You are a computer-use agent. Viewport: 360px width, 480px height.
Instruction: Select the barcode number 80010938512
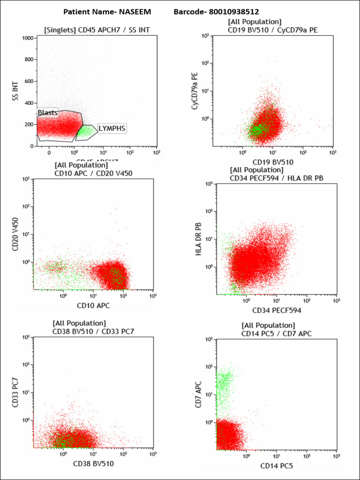click(x=232, y=11)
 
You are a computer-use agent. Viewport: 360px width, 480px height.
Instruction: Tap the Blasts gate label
click(x=48, y=113)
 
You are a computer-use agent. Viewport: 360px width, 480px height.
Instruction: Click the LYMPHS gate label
click(x=112, y=128)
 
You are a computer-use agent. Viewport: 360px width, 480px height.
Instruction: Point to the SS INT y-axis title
click(x=15, y=91)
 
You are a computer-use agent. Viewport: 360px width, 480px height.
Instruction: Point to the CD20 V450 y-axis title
click(x=15, y=234)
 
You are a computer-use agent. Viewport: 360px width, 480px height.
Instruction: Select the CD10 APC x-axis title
click(x=93, y=306)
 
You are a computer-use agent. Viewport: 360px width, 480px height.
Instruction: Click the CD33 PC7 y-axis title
click(x=15, y=392)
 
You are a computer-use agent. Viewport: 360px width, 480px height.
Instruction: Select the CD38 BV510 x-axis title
click(x=93, y=464)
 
